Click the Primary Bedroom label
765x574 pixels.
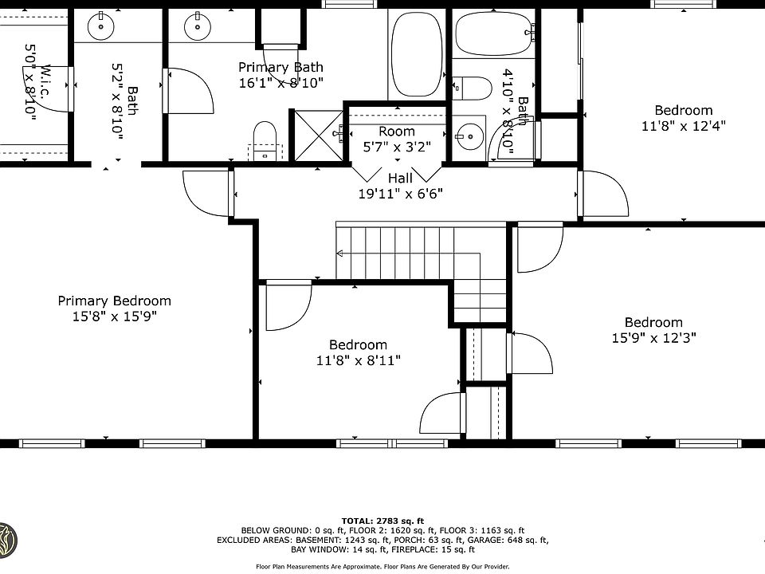point(114,301)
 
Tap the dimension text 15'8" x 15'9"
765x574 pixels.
point(114,316)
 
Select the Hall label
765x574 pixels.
point(400,178)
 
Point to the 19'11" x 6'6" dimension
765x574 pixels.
point(400,194)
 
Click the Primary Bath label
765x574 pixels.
point(280,67)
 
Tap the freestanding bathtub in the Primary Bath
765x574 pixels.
point(417,53)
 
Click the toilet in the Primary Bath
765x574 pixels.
point(265,140)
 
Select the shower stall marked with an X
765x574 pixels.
point(318,136)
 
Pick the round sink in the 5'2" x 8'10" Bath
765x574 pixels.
point(101,26)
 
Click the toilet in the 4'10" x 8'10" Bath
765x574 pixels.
point(472,88)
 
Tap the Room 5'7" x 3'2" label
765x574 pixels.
point(397,139)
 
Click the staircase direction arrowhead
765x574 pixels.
point(340,254)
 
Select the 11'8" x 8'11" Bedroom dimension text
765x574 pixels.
point(359,360)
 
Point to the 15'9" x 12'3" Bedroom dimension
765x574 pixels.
point(653,338)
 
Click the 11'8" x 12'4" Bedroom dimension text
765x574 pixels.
point(684,126)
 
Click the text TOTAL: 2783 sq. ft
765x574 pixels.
point(382,521)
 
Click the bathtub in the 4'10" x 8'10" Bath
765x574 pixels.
point(493,33)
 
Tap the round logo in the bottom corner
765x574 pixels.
point(7,541)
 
